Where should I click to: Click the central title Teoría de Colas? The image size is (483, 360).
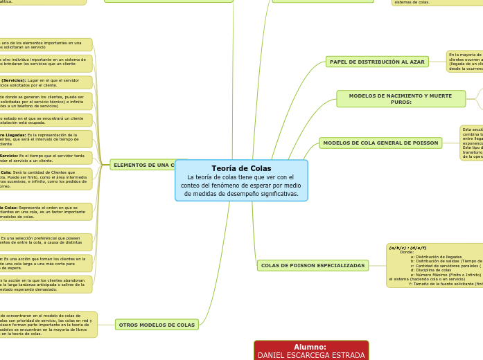[241, 168]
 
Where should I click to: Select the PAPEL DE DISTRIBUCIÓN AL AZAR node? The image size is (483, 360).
[377, 62]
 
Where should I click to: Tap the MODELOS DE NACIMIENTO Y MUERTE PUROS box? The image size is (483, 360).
[401, 99]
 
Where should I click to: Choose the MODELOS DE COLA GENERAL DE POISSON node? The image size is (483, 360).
[380, 143]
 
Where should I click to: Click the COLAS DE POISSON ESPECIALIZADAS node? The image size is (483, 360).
[313, 265]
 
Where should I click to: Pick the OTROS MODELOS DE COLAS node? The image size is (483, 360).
[157, 325]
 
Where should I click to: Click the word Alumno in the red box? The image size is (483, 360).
[310, 347]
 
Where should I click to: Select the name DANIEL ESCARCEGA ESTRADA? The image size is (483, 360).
[311, 355]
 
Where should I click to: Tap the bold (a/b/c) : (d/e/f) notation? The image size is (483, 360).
[407, 248]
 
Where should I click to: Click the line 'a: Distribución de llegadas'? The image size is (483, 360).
[436, 257]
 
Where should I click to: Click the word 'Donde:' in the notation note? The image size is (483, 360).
[407, 252]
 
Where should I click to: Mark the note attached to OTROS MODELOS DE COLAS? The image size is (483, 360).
[46, 325]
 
